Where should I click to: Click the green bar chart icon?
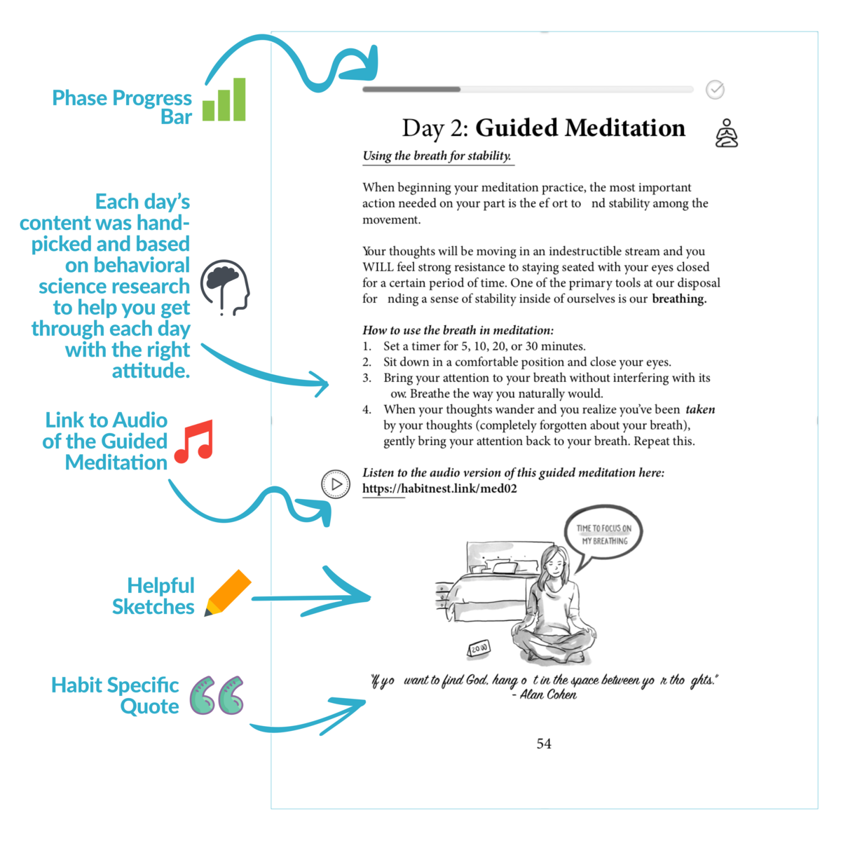click(x=224, y=101)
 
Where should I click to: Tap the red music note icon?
click(x=194, y=442)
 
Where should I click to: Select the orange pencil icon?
click(x=228, y=593)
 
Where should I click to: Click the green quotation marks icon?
click(x=217, y=695)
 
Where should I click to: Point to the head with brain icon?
click(x=225, y=287)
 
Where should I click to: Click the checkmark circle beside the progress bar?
click(x=715, y=90)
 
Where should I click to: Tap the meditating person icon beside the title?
click(x=727, y=133)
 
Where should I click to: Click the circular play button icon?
click(x=336, y=484)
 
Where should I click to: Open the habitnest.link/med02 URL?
click(x=439, y=489)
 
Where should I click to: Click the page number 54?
click(x=544, y=744)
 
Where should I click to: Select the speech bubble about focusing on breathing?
click(x=603, y=535)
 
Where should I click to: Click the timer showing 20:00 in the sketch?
click(x=479, y=648)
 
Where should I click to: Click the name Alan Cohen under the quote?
click(x=548, y=695)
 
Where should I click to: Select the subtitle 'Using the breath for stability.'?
click(x=437, y=156)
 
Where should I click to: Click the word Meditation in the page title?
click(x=625, y=128)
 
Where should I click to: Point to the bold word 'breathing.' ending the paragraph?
click(x=679, y=299)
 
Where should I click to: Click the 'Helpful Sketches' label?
click(x=154, y=596)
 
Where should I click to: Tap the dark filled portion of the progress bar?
click(x=411, y=90)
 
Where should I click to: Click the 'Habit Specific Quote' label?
click(x=116, y=695)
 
